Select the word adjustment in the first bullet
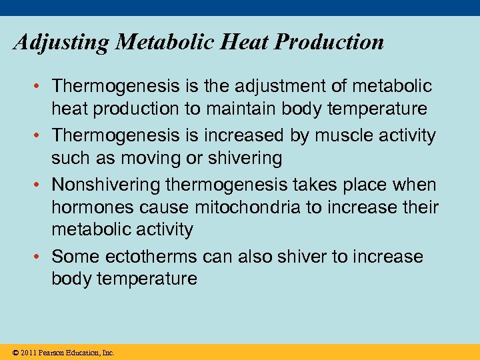267,86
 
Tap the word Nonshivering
107,185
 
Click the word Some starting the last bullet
71,256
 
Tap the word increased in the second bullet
235,135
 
